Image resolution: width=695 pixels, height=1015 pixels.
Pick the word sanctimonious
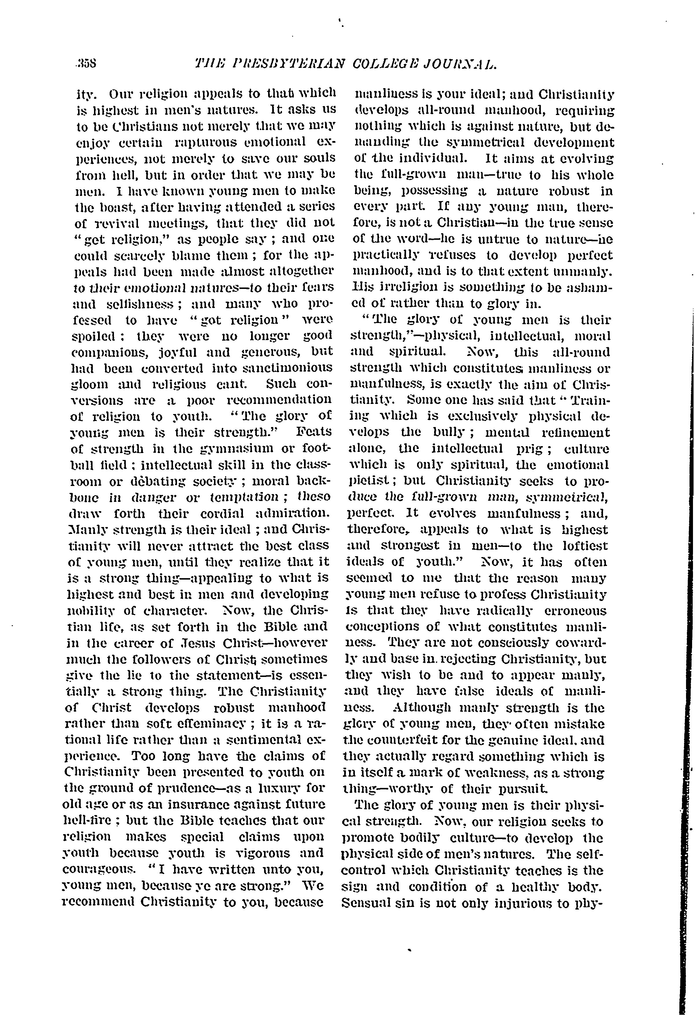(288, 368)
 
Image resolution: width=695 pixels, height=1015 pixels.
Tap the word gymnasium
(226, 448)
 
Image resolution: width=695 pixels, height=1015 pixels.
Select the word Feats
(314, 432)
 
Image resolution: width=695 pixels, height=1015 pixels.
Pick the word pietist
(371, 481)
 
